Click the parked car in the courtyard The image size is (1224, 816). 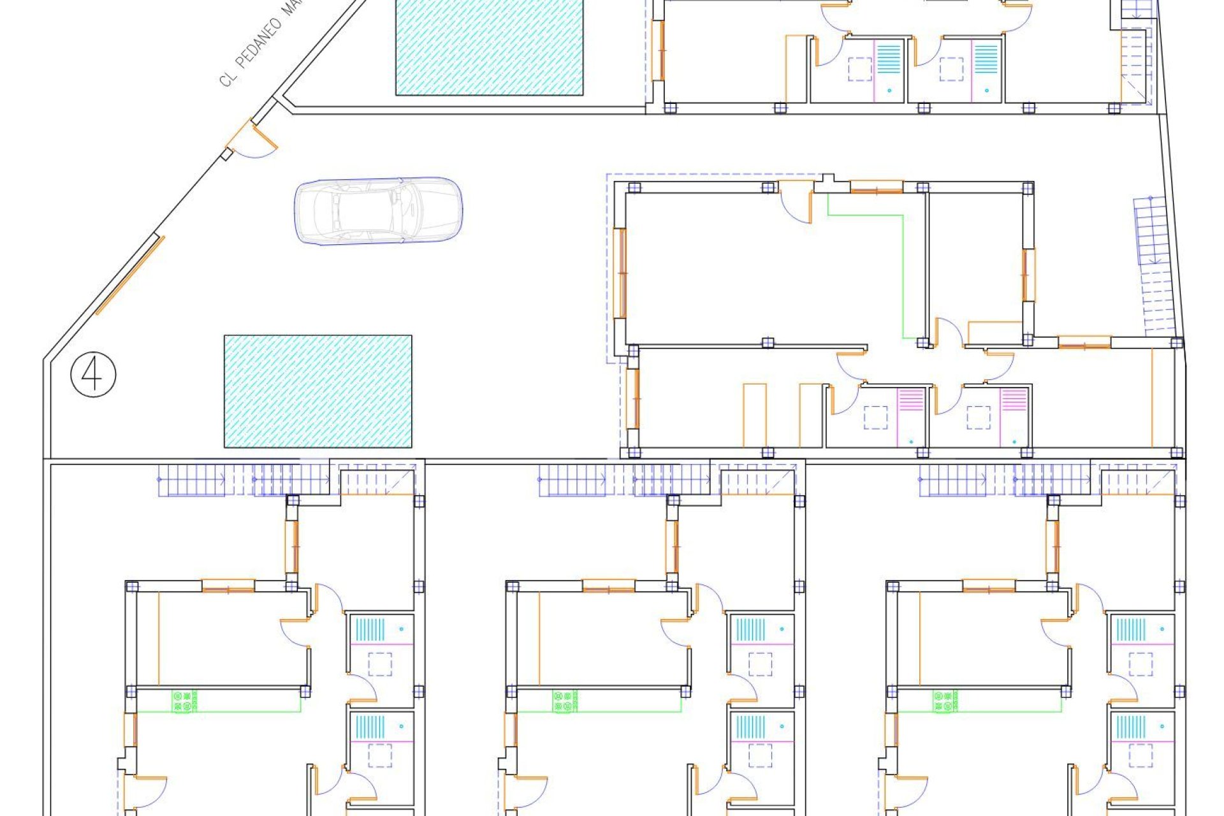click(378, 210)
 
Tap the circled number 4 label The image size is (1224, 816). click(93, 375)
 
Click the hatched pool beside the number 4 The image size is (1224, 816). click(317, 391)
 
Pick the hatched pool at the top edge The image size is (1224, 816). click(489, 48)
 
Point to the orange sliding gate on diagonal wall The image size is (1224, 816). click(130, 275)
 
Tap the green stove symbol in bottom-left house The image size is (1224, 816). click(184, 701)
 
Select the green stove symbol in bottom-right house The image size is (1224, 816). click(945, 701)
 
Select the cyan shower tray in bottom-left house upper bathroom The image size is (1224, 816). click(370, 629)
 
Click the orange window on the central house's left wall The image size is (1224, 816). click(620, 273)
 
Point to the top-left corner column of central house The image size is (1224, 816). click(634, 187)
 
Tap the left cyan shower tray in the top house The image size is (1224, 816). click(889, 57)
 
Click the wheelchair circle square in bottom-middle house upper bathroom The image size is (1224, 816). click(760, 664)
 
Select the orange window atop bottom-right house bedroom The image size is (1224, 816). click(989, 586)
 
